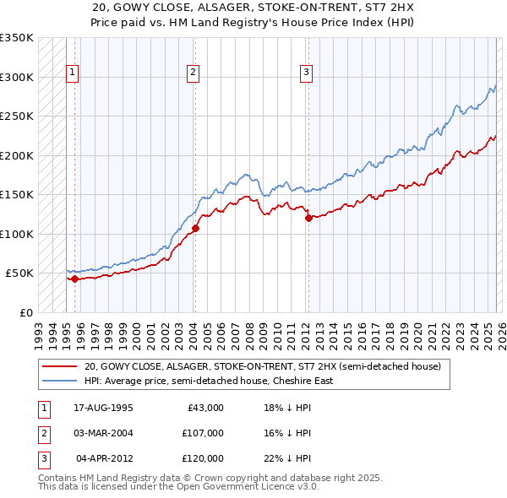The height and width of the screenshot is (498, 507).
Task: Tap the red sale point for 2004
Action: coord(195,228)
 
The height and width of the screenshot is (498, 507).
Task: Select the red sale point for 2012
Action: coord(308,218)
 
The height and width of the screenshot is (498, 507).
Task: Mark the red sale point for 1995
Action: coord(74,279)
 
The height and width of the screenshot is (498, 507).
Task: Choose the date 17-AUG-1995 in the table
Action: coord(103,408)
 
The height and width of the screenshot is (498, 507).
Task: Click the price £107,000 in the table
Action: coord(203,433)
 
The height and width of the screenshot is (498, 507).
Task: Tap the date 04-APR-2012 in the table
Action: coord(104,458)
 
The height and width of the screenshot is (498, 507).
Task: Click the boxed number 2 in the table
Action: coord(41,433)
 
